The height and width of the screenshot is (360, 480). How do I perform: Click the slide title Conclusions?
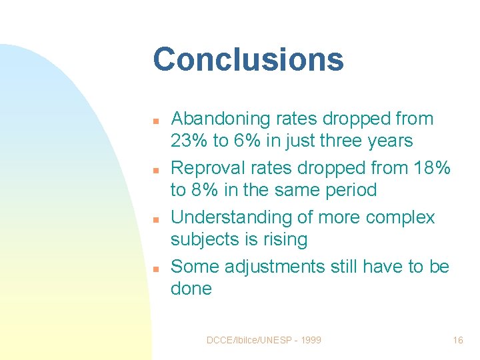248,59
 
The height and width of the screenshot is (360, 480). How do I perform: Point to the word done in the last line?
191,289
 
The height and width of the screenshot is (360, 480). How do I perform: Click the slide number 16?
457,340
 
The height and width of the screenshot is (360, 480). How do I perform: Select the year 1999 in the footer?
310,340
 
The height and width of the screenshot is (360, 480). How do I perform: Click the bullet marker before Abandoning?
154,121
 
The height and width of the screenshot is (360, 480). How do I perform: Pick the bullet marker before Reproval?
154,171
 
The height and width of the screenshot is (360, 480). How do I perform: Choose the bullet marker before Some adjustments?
154,269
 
